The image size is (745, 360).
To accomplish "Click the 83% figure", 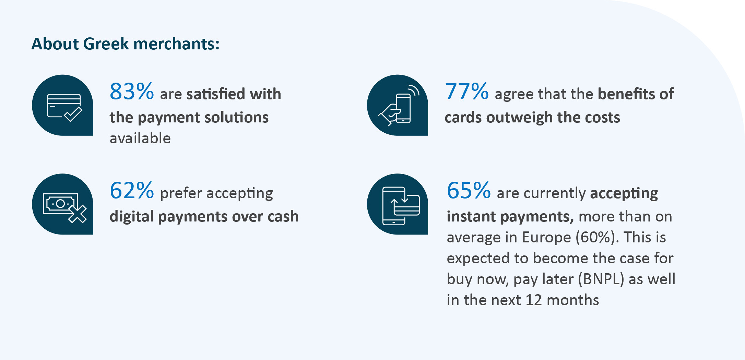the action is (x=132, y=92).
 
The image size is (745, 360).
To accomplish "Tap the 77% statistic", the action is (x=467, y=92).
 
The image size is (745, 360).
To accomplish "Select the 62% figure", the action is (x=132, y=190).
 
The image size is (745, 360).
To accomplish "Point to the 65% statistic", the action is (x=469, y=190).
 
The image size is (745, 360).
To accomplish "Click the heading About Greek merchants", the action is (x=126, y=44).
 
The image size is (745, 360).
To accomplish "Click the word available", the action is (x=140, y=138).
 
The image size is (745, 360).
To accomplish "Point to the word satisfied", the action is (x=216, y=94).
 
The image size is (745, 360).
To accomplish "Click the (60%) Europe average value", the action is (x=596, y=237).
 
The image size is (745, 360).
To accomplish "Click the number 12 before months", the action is (x=534, y=300).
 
